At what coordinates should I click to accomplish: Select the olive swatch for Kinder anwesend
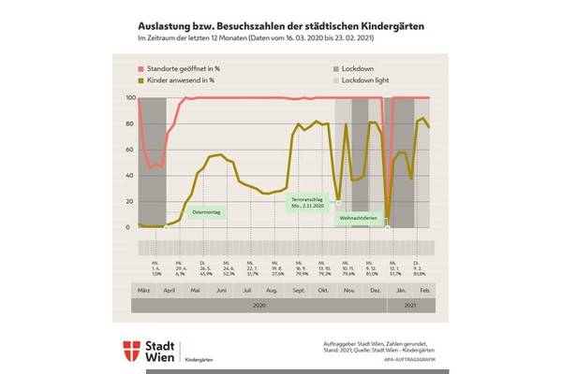pos(141,80)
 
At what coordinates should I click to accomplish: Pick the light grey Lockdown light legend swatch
pos(337,80)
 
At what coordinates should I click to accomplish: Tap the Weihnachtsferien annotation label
pos(358,217)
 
